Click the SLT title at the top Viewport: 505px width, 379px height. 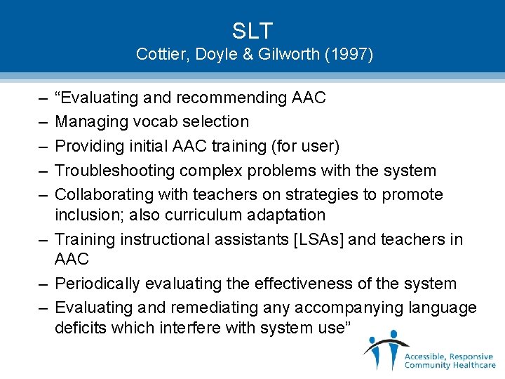click(252, 31)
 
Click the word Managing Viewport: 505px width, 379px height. click(88, 121)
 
